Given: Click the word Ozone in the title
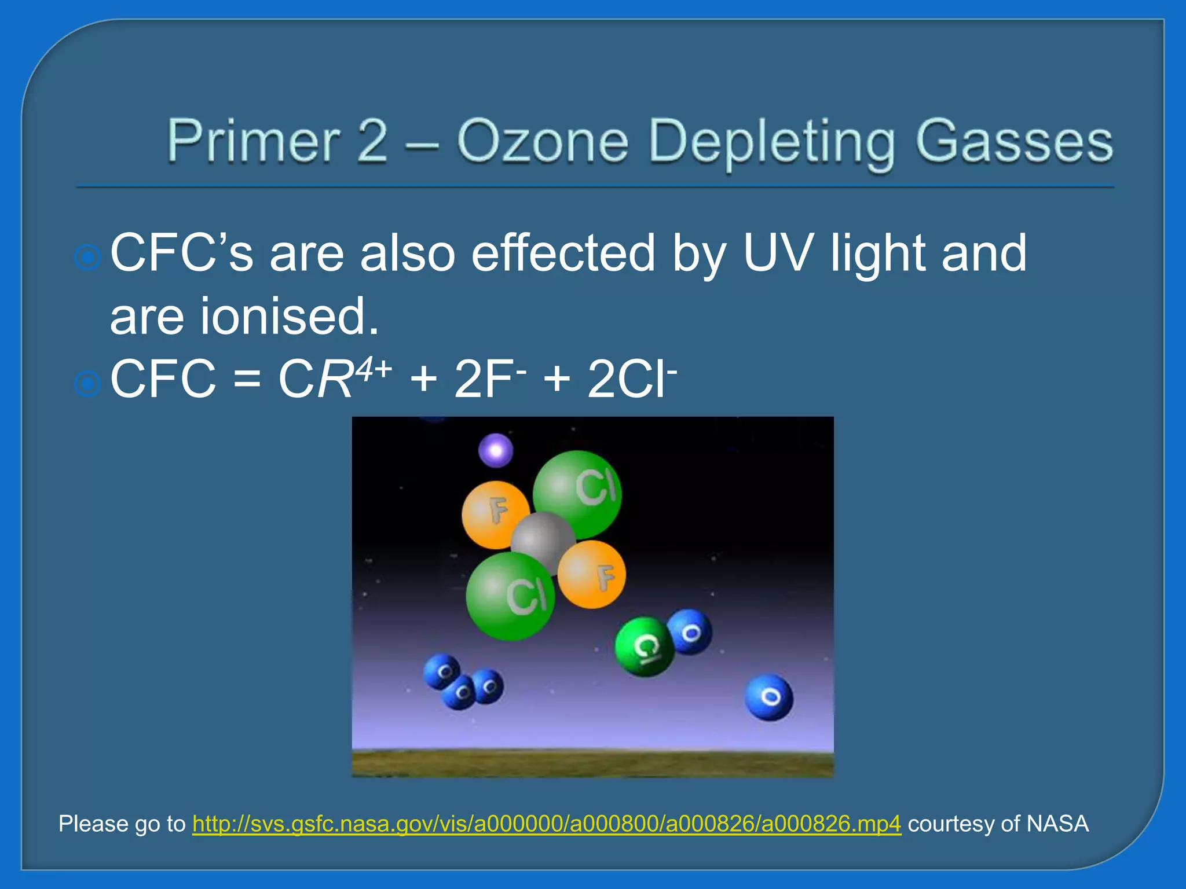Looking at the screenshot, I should pos(543,142).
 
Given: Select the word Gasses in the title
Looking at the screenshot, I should pos(1013,142).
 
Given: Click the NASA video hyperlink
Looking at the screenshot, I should pos(546,824).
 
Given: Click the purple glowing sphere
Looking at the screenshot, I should pos(496,450).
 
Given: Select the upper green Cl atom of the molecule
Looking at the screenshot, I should pos(578,493).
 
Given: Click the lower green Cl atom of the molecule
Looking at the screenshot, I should pos(510,596).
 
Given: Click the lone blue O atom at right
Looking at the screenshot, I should pos(769,697).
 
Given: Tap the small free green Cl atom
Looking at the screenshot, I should pos(644,646).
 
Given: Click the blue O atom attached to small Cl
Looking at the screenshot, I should pos(690,632).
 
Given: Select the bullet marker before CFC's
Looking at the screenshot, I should pos(88,257).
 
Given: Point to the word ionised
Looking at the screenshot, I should pos(290,316).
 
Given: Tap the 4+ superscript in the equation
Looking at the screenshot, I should pos(374,368).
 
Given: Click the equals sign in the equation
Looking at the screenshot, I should pos(247,381).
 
